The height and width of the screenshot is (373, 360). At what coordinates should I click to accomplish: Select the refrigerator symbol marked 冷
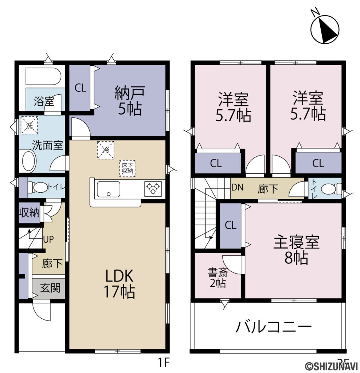(105, 149)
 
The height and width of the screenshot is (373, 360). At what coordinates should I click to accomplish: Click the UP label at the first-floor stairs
(48, 239)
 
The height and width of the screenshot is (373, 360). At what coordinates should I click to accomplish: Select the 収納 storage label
(29, 213)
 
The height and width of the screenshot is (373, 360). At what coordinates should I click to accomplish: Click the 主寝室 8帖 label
(296, 250)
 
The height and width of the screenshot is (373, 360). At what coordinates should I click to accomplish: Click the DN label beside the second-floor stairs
(238, 188)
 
